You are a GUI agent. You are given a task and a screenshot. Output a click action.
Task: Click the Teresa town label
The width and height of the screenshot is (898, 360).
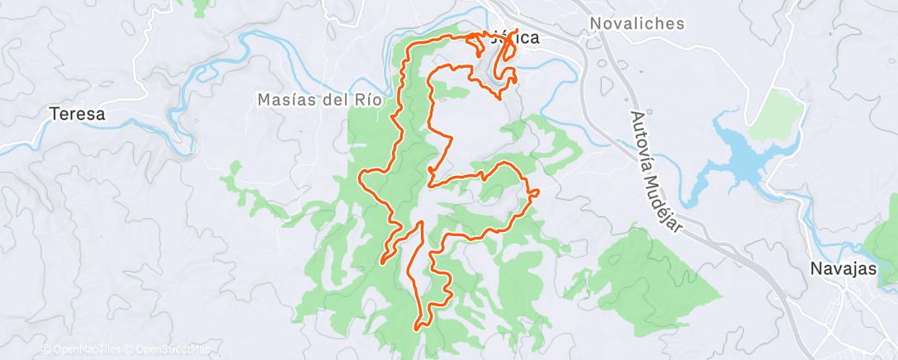point(78,115)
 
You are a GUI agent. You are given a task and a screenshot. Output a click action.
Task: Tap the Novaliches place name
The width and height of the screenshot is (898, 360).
point(637,24)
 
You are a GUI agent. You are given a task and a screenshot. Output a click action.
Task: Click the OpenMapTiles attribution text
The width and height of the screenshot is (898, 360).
point(85,349)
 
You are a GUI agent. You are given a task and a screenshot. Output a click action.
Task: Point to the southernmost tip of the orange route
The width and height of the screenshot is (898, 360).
point(418,327)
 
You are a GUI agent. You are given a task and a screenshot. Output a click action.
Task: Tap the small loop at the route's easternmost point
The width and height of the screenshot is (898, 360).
point(534,192)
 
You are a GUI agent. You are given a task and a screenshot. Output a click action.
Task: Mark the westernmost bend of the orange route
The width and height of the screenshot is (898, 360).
point(361,177)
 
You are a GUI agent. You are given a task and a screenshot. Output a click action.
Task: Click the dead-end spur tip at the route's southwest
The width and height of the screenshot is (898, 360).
point(382,263)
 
